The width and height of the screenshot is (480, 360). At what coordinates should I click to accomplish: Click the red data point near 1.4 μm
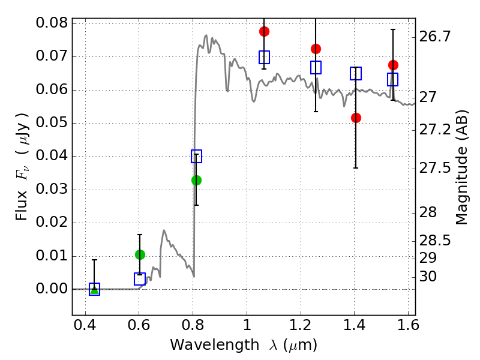coord(356,118)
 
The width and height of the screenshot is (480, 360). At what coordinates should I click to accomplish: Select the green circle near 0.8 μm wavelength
coord(197,181)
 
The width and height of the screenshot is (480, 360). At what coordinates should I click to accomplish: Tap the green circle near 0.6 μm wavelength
coord(140,254)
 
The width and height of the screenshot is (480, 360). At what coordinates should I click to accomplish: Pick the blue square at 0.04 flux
coord(197,156)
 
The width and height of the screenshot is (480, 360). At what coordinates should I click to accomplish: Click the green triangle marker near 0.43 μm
coord(95,290)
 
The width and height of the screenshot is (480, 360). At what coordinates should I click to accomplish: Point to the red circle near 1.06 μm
coord(264,31)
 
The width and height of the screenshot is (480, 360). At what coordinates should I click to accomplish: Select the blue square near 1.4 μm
coord(356,73)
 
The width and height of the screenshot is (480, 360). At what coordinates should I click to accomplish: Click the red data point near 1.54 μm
coord(393,65)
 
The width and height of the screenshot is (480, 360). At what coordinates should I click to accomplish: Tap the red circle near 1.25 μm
coord(316,49)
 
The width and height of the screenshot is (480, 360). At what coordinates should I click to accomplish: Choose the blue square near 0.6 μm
coord(140,279)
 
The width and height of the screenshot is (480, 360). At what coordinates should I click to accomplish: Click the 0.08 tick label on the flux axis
coord(52,23)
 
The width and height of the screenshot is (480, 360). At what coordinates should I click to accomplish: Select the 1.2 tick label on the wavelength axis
coord(301,325)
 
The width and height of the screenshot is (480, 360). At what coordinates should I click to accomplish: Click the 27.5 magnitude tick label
coord(435,169)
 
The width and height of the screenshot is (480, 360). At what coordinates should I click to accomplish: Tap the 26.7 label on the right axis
coord(435,37)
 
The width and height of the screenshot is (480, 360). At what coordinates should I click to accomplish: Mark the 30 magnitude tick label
coord(428,277)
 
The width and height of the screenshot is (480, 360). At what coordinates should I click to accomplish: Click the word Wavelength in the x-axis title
coord(215,345)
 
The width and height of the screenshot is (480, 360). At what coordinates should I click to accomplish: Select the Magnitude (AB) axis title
coord(462,167)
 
